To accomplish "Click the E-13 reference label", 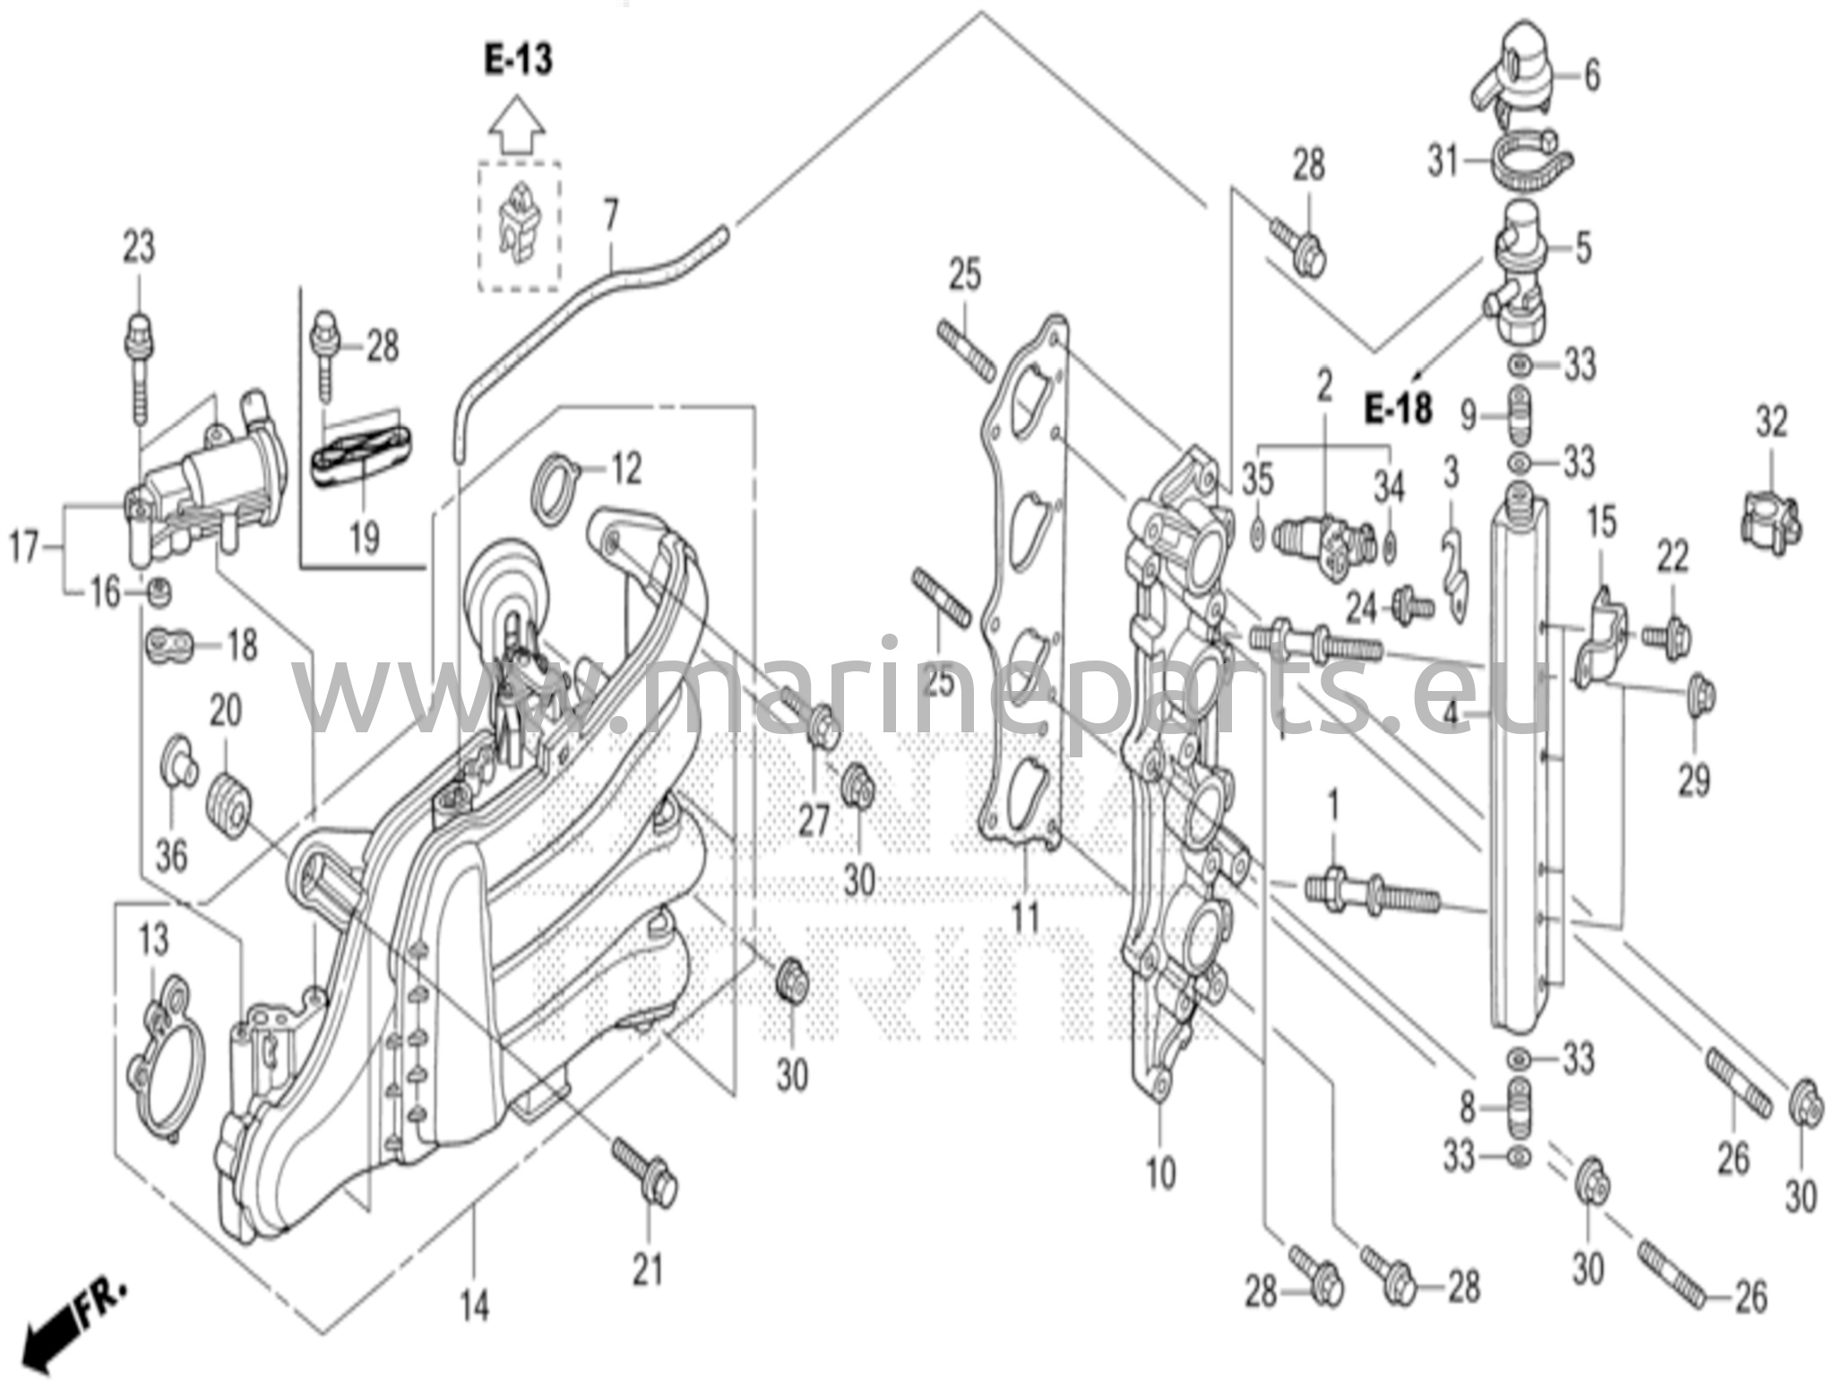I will pos(519,59).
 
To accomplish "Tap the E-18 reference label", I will pos(1398,409).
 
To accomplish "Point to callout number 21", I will pos(648,1269).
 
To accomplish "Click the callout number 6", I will pos(1591,75).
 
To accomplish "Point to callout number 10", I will pos(1160,1172).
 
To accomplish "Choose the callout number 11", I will pos(1025,916).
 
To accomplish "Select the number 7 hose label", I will pos(611,215).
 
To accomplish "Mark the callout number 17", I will pos(24,546).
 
